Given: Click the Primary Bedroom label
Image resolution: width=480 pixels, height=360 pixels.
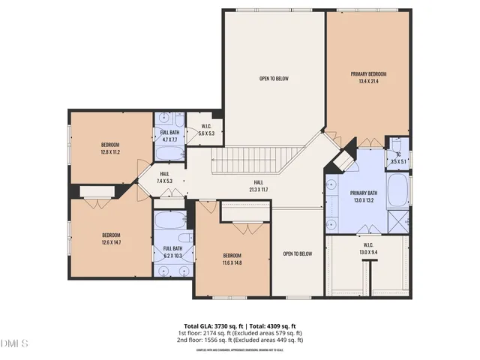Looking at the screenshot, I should click(x=368, y=73).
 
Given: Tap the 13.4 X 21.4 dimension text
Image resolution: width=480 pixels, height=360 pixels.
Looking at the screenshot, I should click(x=368, y=81).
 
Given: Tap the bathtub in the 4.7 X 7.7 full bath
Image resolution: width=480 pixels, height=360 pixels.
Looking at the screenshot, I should click(x=169, y=153).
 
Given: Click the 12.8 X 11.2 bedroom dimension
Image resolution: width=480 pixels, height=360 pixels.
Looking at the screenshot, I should click(x=111, y=152).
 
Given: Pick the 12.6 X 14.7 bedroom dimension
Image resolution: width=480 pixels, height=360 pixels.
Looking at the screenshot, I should click(x=111, y=242).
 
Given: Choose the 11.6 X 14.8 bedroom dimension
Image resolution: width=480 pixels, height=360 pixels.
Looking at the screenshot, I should click(x=232, y=262).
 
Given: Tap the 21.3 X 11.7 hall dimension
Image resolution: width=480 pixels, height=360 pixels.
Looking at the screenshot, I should click(x=258, y=190).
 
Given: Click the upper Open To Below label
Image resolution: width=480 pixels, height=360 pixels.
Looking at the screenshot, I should click(x=274, y=79).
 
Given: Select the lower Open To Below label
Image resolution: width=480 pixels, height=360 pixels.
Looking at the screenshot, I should click(x=298, y=253).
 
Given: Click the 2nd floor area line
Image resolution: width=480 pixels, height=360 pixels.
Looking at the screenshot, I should click(x=239, y=340).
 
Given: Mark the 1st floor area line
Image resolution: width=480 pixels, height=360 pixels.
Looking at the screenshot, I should click(x=239, y=334).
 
